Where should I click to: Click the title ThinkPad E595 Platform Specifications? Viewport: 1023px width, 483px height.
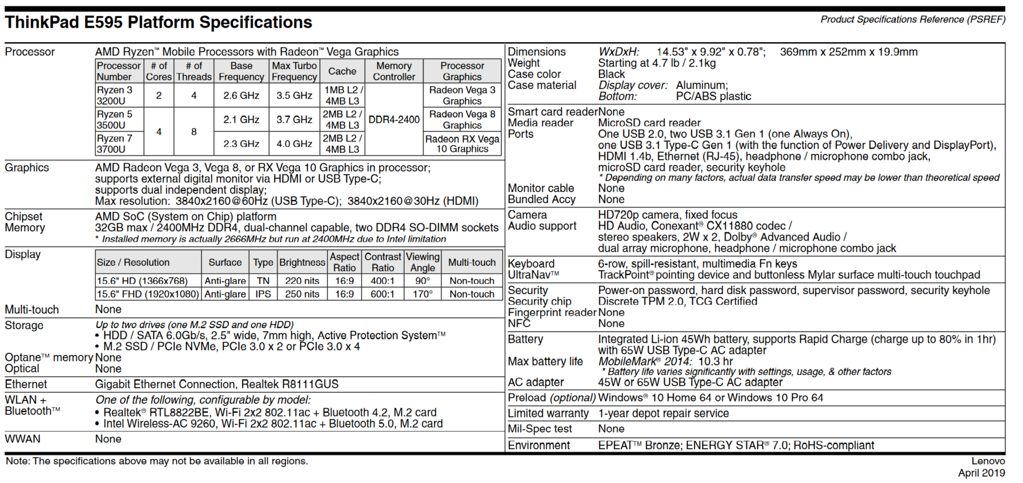tap(158, 23)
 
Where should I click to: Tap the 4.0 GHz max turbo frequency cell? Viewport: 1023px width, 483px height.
tap(294, 144)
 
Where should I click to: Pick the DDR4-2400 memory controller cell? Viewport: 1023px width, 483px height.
tap(394, 119)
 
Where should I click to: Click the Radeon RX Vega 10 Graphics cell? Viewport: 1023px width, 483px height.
tap(462, 144)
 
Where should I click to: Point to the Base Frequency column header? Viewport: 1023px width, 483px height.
tap(241, 71)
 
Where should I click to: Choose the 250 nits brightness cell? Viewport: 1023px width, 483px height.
tap(302, 294)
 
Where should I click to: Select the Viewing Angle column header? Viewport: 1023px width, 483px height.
tap(422, 262)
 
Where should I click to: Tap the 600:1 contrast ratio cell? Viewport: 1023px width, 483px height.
tap(383, 294)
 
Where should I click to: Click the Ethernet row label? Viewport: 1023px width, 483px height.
tap(26, 384)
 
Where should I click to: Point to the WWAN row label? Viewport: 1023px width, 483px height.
tap(23, 439)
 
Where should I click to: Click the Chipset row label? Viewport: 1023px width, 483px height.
tap(23, 217)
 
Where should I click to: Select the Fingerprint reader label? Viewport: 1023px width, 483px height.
tap(552, 312)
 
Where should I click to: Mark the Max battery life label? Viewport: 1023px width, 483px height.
tap(545, 361)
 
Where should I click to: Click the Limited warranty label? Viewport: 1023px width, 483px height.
tap(548, 413)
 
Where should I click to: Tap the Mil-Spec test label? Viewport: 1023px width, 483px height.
tap(540, 429)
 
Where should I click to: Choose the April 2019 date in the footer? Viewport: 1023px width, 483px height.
tap(981, 473)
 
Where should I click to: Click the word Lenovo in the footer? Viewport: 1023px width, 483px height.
tap(988, 461)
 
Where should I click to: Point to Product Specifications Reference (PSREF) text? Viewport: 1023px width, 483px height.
tap(912, 19)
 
